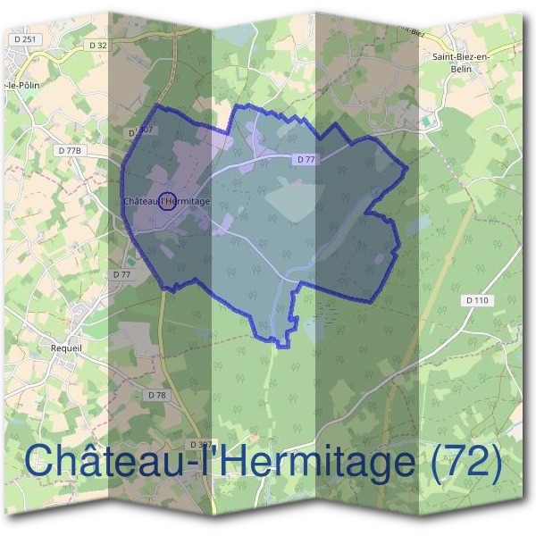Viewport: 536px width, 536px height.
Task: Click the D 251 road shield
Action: [x=24, y=40]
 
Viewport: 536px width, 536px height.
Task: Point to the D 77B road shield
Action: [x=70, y=151]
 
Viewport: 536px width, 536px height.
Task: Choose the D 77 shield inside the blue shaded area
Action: [x=306, y=159]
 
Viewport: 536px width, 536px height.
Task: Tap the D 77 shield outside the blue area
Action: [x=121, y=274]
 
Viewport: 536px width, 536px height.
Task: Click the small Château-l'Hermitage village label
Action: [x=168, y=202]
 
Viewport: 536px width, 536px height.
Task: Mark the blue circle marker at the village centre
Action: [x=165, y=201]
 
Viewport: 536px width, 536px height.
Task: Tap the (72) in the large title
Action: [x=459, y=461]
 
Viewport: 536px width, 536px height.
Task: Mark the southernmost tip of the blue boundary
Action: [x=282, y=346]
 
